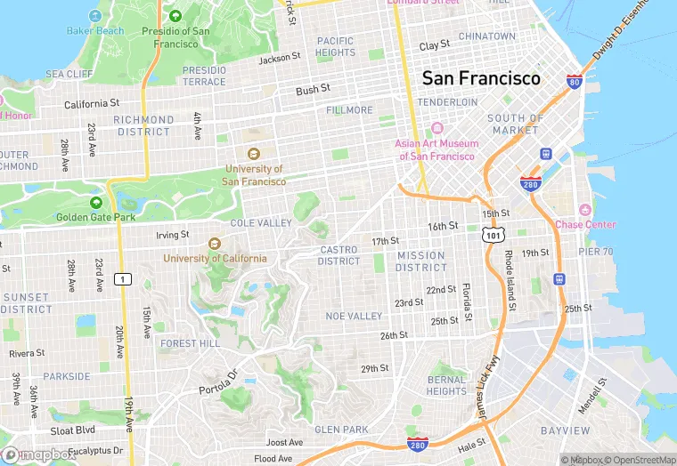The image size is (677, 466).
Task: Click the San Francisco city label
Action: click(x=481, y=78)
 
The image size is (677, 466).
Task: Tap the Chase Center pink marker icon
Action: click(x=585, y=209)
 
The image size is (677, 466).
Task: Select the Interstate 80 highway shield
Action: click(x=574, y=82)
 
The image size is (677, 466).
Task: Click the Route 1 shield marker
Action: click(x=124, y=279)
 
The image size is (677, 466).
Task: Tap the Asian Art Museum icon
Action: click(x=436, y=128)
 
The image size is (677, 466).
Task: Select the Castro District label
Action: click(x=339, y=255)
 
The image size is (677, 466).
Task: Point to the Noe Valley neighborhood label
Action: click(x=354, y=317)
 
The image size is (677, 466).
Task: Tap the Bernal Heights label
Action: click(x=446, y=385)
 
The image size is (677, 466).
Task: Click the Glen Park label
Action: click(x=341, y=430)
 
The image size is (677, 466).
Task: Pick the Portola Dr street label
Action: click(x=219, y=382)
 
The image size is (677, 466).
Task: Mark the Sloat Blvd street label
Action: click(x=72, y=430)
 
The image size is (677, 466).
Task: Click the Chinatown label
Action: click(x=486, y=36)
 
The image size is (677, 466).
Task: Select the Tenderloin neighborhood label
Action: click(x=448, y=102)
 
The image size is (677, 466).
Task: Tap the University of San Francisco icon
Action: click(x=254, y=153)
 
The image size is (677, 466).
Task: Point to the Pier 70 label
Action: click(x=596, y=252)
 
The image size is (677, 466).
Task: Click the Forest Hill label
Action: click(x=190, y=343)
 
